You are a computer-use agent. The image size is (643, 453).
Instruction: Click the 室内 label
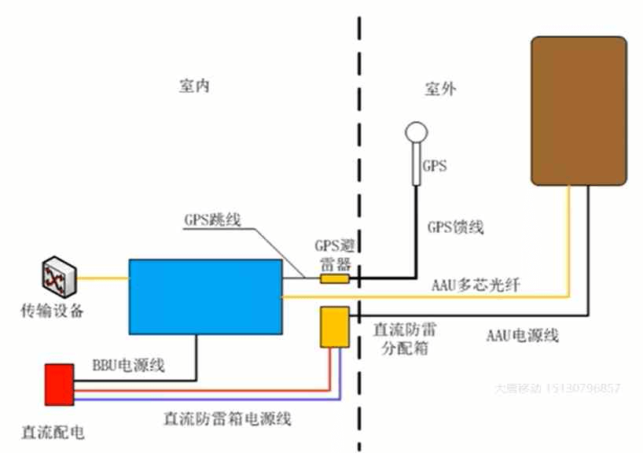194,87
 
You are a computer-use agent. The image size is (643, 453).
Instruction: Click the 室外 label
440,89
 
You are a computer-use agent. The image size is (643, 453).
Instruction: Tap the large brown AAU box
579,110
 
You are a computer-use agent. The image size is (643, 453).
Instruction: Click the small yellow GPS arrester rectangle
335,278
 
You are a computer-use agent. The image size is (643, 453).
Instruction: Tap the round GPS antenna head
415,132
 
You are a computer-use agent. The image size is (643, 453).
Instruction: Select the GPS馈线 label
455,227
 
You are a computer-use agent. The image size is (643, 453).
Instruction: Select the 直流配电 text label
53,433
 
